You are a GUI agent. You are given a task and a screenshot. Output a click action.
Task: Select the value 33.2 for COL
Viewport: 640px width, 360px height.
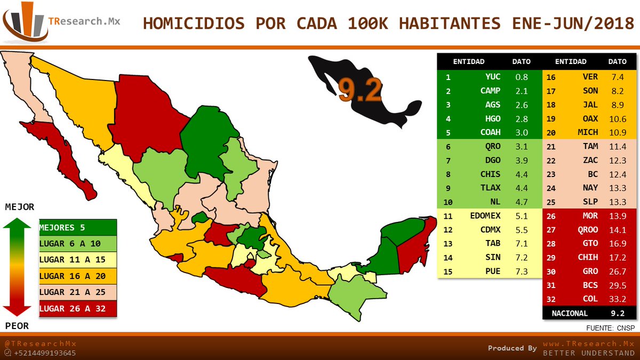(619, 299)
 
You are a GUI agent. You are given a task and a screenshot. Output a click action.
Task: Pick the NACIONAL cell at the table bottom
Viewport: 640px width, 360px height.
(570, 314)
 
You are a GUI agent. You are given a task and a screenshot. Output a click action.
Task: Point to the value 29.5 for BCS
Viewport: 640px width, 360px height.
(619, 285)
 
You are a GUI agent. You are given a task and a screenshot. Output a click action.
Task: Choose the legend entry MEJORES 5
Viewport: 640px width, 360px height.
(62, 228)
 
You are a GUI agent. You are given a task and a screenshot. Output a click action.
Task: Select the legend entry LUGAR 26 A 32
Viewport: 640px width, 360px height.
(67, 308)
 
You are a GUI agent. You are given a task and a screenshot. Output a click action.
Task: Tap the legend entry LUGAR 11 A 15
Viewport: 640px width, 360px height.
(67, 260)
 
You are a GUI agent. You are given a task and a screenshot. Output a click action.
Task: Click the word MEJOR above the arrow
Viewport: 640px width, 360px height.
(19, 207)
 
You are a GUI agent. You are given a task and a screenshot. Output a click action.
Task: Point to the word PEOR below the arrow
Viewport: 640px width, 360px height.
(18, 326)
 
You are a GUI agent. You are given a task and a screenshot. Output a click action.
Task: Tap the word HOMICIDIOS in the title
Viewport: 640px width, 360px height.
(186, 24)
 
